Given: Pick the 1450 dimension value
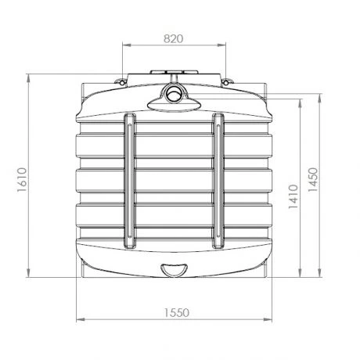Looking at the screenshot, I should pyautogui.click(x=312, y=182).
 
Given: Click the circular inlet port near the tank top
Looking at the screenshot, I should pyautogui.click(x=174, y=95).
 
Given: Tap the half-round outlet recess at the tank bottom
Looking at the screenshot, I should pyautogui.click(x=174, y=271).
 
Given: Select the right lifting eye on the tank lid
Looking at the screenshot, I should pyautogui.click(x=228, y=81).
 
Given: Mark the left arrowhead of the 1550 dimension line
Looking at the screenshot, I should pyautogui.click(x=77, y=320).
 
